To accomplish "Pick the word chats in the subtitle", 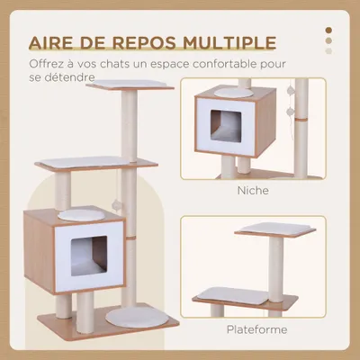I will (116, 65).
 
